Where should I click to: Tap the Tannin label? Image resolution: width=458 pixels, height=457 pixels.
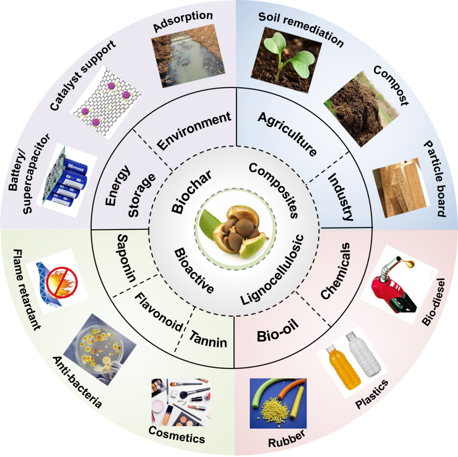[208, 338]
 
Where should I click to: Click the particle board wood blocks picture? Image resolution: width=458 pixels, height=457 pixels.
[399, 188]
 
